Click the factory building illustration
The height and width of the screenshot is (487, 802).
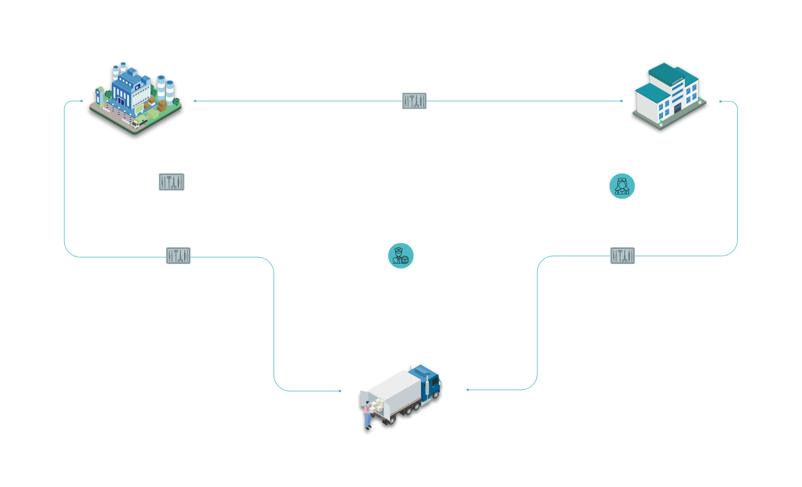click(x=135, y=98)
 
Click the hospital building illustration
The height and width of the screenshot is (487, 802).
click(x=669, y=96)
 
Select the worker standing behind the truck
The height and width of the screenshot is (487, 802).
click(x=367, y=415)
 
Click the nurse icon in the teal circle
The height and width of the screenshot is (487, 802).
click(x=622, y=186)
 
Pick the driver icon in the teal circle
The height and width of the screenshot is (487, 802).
click(x=401, y=256)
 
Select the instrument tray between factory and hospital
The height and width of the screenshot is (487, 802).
click(x=414, y=101)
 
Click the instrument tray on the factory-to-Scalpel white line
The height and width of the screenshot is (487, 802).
click(x=172, y=182)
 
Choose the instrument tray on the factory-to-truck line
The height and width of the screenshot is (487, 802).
click(x=178, y=256)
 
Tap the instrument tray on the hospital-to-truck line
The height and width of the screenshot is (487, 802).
click(x=622, y=256)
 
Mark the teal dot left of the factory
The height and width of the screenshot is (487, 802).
click(x=81, y=101)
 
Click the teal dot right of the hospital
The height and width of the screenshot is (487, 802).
click(x=720, y=101)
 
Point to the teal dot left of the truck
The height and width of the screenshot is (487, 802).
click(x=340, y=391)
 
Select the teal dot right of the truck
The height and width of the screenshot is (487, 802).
click(x=468, y=390)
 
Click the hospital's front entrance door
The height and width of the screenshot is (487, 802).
click(x=677, y=108)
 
